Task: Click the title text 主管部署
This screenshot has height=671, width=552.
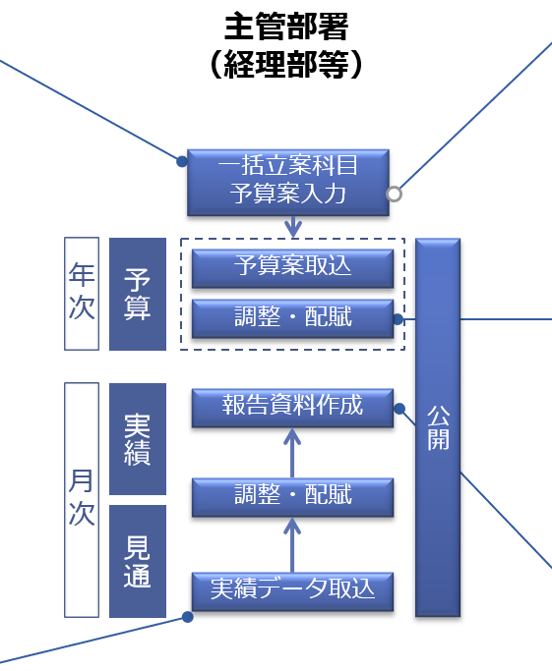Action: [286, 27]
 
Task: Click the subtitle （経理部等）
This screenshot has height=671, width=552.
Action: [286, 64]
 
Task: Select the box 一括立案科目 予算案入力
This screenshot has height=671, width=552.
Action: [288, 183]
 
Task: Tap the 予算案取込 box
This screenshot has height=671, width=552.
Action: [292, 268]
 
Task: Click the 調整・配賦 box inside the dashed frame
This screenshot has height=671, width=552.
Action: [292, 319]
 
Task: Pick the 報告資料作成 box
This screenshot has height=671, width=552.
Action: [292, 408]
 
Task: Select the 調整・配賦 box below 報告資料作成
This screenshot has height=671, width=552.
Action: [292, 497]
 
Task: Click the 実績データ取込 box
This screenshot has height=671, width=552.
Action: [292, 591]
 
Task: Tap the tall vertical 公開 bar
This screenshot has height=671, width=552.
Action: [438, 427]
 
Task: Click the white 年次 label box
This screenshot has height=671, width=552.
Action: [82, 294]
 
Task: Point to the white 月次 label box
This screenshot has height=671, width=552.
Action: [82, 500]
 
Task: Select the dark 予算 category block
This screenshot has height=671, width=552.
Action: [138, 294]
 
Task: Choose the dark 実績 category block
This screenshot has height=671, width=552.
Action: [138, 439]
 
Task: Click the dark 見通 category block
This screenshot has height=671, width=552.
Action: [138, 561]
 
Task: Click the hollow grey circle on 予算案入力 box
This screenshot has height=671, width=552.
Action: [394, 194]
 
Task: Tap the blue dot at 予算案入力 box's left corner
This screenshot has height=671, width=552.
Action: [182, 161]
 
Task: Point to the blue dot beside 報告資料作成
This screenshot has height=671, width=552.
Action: [399, 409]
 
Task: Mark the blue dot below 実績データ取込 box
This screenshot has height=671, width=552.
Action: [187, 617]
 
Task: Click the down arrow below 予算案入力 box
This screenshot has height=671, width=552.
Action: [293, 227]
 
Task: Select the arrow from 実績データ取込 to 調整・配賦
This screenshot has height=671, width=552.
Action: [292, 545]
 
